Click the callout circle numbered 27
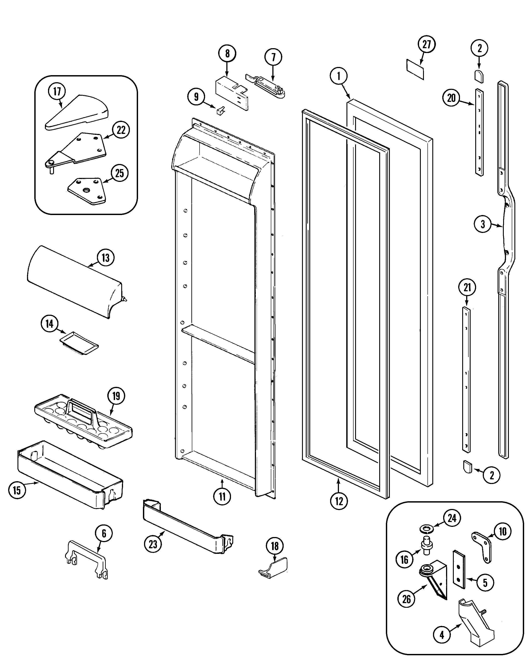coord(426,45)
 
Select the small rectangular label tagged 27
coord(415,69)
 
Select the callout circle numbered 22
coord(121,130)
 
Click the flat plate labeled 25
coord(87,191)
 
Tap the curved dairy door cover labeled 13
coord(74,280)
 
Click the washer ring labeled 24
coord(427,529)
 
